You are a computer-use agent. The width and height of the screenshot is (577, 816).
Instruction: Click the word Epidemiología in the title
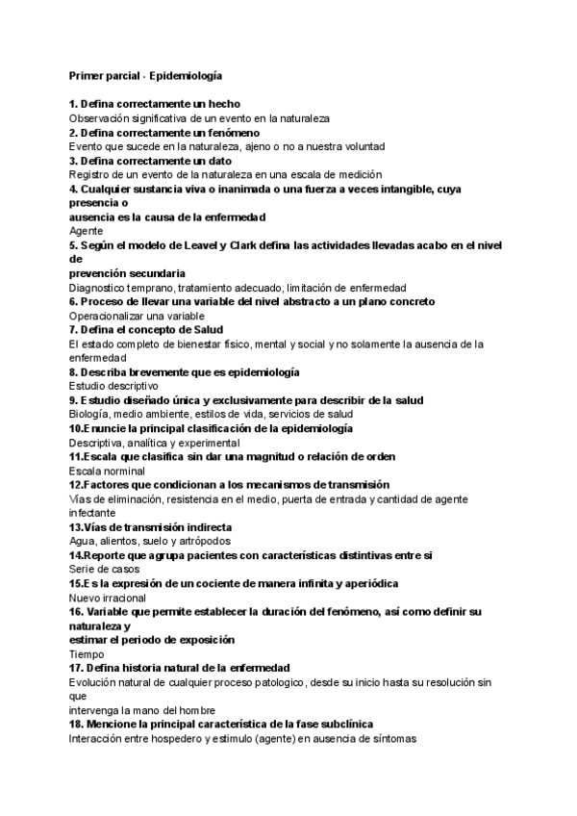coord(191,74)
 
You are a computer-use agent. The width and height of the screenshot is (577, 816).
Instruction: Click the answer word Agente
coord(86,231)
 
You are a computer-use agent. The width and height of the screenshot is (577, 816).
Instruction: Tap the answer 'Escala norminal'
coord(106,471)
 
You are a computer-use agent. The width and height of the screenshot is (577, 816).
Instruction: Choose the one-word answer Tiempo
coord(88,653)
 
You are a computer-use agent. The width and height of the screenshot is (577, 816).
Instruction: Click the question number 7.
coord(73,329)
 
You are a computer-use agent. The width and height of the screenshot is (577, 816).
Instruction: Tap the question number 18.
coord(77,724)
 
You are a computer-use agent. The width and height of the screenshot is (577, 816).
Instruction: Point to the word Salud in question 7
coord(209,329)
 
